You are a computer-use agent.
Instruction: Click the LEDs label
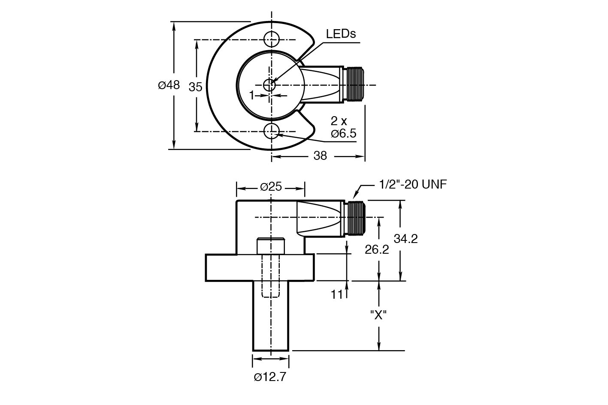point(341,34)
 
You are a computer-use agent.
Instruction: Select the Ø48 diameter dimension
point(169,85)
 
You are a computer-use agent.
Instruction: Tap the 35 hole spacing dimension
point(195,87)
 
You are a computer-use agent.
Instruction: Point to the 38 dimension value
point(320,156)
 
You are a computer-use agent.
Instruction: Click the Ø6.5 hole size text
point(343,133)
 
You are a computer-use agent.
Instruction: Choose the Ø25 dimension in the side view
point(271,187)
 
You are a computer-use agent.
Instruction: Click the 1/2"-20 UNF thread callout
point(413,185)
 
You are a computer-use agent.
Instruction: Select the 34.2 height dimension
point(405,238)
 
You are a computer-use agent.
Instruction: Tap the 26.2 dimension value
point(376,249)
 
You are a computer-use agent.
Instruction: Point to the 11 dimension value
point(337,294)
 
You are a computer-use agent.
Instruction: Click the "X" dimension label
point(378,315)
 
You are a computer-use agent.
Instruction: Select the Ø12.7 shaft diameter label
point(270,377)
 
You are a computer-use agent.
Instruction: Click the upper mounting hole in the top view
point(271,39)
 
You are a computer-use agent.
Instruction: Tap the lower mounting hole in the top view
point(271,131)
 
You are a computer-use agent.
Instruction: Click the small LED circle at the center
point(269,85)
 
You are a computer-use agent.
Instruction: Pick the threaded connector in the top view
point(354,85)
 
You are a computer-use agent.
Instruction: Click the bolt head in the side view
point(271,246)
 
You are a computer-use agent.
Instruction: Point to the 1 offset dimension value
point(252,95)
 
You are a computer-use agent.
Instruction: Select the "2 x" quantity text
point(339,121)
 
